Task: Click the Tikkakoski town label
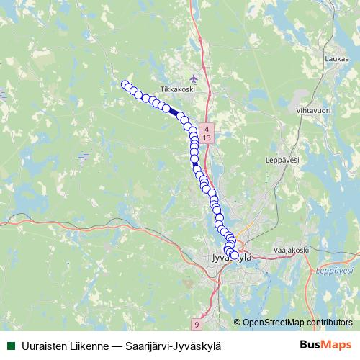click(x=188, y=89)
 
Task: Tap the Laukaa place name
click(x=336, y=60)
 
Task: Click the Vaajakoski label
click(x=290, y=250)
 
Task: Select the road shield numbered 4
click(x=207, y=127)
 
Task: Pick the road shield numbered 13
click(x=207, y=137)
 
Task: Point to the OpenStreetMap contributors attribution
click(x=297, y=323)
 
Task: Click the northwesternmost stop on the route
click(x=125, y=84)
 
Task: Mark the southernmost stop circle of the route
click(x=234, y=255)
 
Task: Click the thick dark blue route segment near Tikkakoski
click(x=174, y=112)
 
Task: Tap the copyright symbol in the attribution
click(x=238, y=323)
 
